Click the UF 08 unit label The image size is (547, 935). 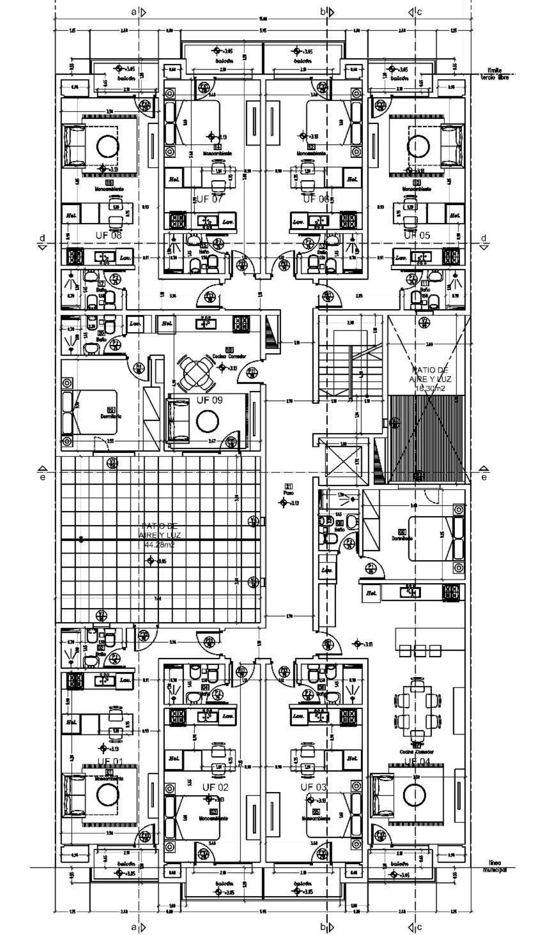pos(107,235)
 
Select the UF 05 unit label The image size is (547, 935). pos(417,235)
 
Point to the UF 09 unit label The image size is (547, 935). pos(209,400)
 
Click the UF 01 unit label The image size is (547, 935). pos(110,761)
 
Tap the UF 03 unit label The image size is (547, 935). pos(314,786)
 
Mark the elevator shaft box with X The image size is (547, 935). pos(344,460)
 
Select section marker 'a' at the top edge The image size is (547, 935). pos(134,11)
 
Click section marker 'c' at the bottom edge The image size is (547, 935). pos(419,925)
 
